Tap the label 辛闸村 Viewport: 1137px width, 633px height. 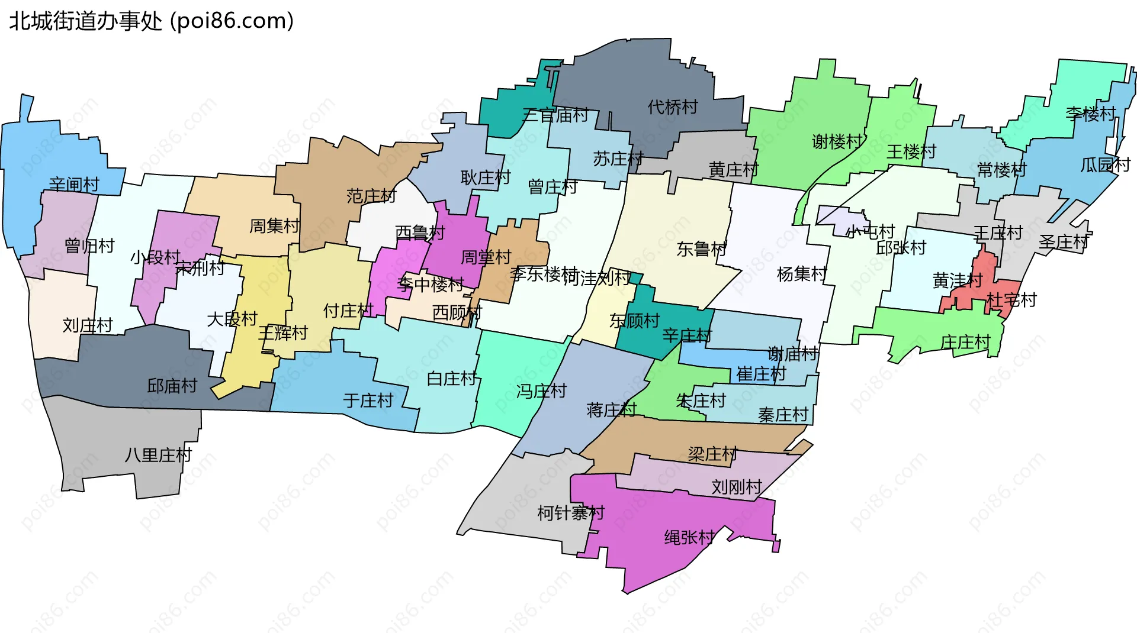[x=74, y=185]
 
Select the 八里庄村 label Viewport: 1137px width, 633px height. [x=158, y=455]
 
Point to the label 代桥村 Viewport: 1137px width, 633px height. [x=673, y=107]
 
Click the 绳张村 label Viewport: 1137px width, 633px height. [x=689, y=537]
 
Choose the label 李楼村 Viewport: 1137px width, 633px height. [x=1090, y=114]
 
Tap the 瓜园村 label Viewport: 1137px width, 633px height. [x=1105, y=164]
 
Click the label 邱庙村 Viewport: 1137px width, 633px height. [x=172, y=386]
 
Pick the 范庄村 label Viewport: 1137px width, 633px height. [x=371, y=196]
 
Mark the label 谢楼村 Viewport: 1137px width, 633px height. [x=836, y=141]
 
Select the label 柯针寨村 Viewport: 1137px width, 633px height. [x=570, y=512]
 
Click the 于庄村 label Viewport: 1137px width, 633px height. [x=368, y=401]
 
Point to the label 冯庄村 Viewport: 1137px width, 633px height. [x=541, y=391]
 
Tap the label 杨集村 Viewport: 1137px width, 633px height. [x=801, y=274]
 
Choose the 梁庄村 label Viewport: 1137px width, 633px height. [x=712, y=454]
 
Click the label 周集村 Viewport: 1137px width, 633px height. [x=274, y=225]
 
